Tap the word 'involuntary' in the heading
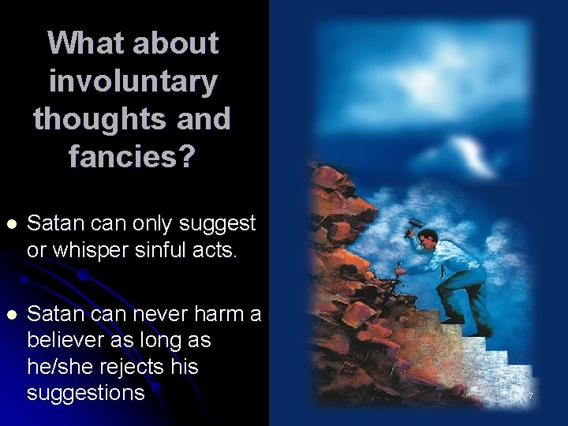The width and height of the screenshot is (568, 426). [x=133, y=80]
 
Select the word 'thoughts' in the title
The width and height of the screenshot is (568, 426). [x=99, y=119]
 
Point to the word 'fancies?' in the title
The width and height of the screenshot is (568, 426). [x=132, y=157]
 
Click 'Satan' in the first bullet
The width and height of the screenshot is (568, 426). [x=58, y=224]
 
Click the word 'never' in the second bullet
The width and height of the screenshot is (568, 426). [x=157, y=314]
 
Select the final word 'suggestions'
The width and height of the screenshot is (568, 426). [x=85, y=393]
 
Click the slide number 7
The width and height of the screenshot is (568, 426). [x=531, y=395]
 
